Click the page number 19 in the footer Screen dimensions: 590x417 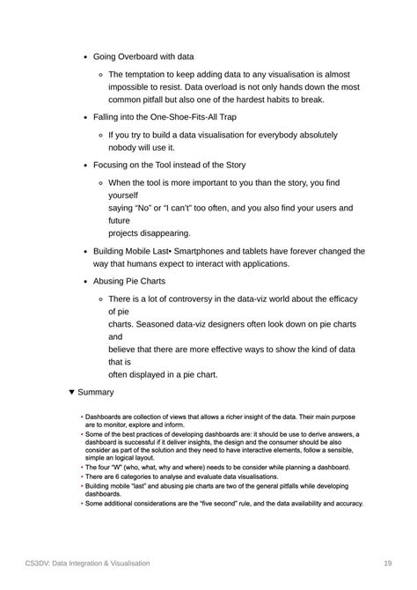(387, 563)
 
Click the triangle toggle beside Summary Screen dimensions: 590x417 (71, 392)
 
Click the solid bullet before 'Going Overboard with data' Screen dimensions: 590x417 (84, 55)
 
